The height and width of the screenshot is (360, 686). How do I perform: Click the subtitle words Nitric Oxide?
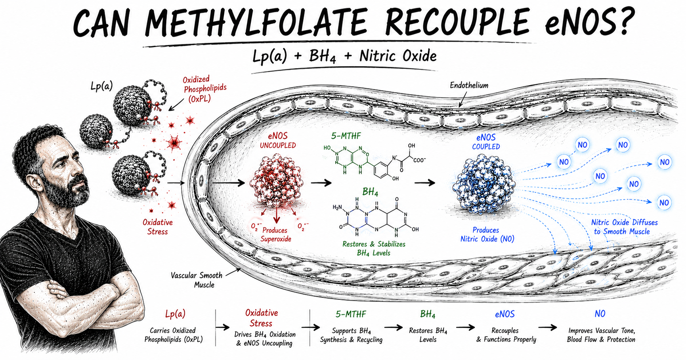click(x=398, y=56)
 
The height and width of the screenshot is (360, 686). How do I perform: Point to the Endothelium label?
click(x=469, y=85)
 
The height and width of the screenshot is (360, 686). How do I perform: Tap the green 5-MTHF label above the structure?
click(x=346, y=136)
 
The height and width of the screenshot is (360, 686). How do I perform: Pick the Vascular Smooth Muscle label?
click(x=197, y=280)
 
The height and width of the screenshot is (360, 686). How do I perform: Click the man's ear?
click(x=36, y=181)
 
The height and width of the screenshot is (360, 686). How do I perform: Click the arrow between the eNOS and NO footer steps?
click(x=547, y=328)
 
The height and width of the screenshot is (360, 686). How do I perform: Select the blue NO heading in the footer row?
click(x=600, y=314)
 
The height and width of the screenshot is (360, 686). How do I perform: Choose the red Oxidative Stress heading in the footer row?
click(x=261, y=318)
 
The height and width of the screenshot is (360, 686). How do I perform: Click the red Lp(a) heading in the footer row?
click(x=175, y=314)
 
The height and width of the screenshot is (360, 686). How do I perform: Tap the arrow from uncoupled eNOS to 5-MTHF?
click(x=321, y=183)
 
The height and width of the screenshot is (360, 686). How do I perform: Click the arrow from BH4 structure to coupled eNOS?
click(x=425, y=183)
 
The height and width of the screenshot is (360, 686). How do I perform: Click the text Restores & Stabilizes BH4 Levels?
click(x=374, y=249)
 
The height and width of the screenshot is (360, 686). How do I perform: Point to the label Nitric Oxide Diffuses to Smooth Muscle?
click(x=624, y=227)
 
